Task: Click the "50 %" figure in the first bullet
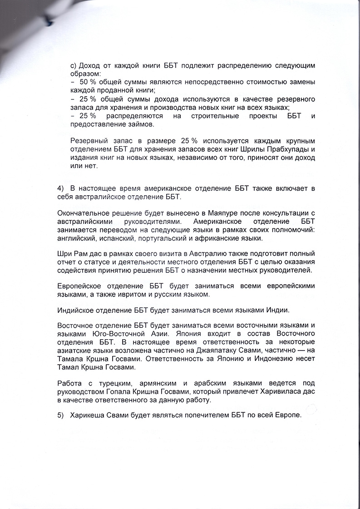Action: tap(87, 82)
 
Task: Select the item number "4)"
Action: tap(62, 188)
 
